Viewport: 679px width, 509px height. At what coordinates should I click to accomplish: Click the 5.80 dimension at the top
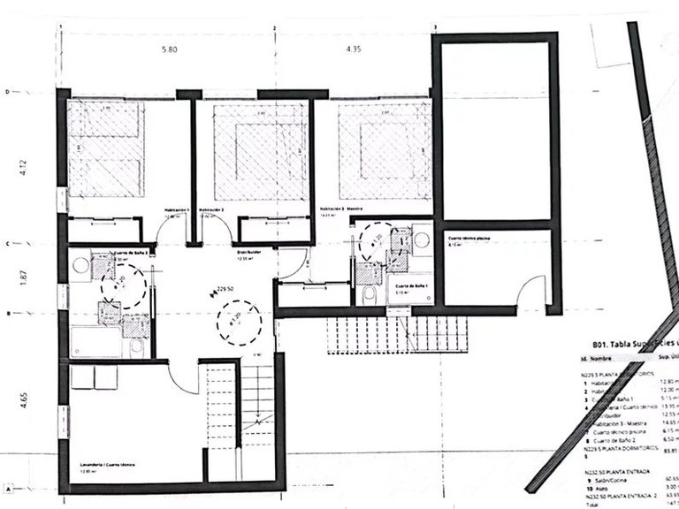(x=171, y=50)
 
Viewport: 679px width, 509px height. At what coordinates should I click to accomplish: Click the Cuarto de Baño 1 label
(x=412, y=286)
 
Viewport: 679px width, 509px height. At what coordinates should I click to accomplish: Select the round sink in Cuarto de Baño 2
(x=81, y=263)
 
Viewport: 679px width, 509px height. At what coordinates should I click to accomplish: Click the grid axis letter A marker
(x=7, y=488)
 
